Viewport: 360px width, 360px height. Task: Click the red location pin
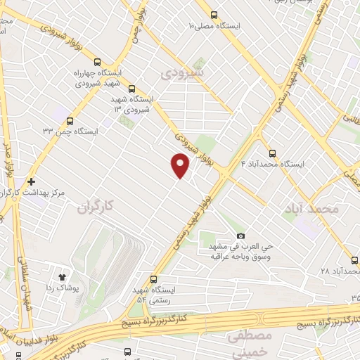pos(181,165)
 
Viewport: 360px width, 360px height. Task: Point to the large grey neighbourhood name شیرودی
pos(181,72)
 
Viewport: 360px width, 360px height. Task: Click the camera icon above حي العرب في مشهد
pos(240,236)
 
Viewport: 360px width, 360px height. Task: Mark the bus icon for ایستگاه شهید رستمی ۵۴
pos(154,278)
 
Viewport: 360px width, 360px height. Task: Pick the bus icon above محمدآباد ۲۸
pos(354,258)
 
